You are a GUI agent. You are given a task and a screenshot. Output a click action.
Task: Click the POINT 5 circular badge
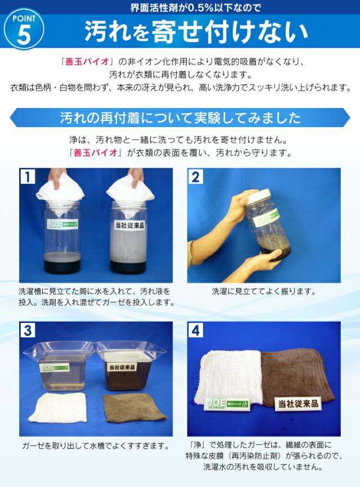point(24,29)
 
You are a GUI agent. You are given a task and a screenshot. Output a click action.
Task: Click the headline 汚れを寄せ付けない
point(196,31)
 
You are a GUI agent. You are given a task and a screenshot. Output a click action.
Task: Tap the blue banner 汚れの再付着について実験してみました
point(180,118)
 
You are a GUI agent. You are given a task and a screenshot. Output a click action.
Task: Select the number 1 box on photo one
point(28,177)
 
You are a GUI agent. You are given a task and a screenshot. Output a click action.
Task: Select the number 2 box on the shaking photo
point(195,177)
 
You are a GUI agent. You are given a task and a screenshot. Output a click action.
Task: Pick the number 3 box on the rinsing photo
point(28,330)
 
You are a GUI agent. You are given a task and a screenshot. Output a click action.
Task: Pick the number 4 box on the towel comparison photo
point(195,330)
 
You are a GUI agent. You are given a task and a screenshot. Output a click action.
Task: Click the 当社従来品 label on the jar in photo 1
point(130,225)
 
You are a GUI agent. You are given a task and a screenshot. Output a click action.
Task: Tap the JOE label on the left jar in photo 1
point(62,224)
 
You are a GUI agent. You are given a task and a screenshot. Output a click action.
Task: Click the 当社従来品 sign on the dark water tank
point(122,367)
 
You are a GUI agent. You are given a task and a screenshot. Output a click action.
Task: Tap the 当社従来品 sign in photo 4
point(298,403)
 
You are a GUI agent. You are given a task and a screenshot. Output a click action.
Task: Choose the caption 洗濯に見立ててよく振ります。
point(264,291)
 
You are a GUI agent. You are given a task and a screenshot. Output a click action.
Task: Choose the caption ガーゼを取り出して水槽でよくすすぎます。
point(96,446)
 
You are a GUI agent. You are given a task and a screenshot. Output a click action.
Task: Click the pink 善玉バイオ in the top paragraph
point(87,61)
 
